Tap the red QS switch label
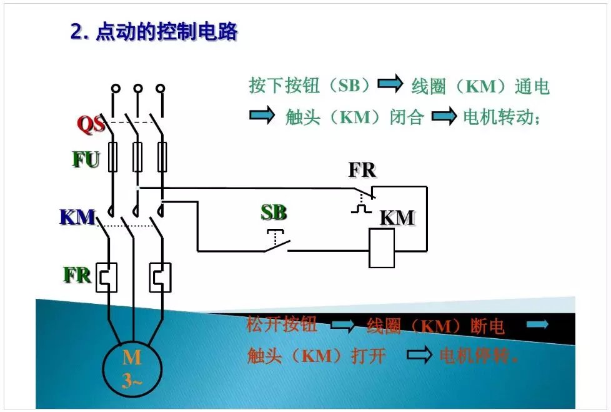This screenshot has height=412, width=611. tap(91, 124)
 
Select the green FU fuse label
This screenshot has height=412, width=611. tap(86, 160)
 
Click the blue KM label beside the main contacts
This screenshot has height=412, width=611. tap(77, 217)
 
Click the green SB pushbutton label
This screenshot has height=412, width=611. tap(274, 213)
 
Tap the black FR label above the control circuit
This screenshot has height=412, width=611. tap(362, 170)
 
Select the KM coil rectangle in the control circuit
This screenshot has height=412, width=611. tap(382, 248)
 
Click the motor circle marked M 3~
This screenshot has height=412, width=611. tap(132, 369)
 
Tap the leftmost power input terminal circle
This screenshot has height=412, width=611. tap(116, 89)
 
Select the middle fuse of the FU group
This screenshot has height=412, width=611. tap(137, 156)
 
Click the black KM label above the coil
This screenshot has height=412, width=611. tap(397, 218)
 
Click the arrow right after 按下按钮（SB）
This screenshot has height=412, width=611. tap(390, 84)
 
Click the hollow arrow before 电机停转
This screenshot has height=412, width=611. tap(420, 356)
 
